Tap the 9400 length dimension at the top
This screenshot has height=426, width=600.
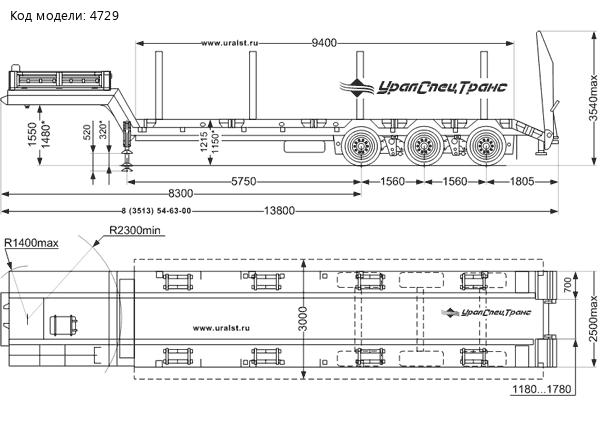click(323, 42)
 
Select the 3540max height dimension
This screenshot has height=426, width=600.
click(592, 101)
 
